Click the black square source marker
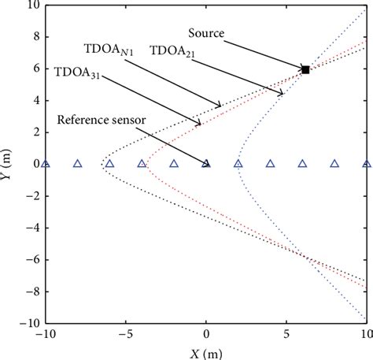(305, 70)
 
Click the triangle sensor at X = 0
(206, 164)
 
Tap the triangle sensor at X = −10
(46, 164)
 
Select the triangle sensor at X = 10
(366, 164)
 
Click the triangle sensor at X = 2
(238, 164)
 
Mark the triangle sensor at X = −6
(109, 164)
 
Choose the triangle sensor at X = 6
(302, 164)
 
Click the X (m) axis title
(206, 352)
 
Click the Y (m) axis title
(9, 164)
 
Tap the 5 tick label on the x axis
(286, 334)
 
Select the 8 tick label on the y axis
(34, 37)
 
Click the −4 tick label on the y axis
(30, 228)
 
